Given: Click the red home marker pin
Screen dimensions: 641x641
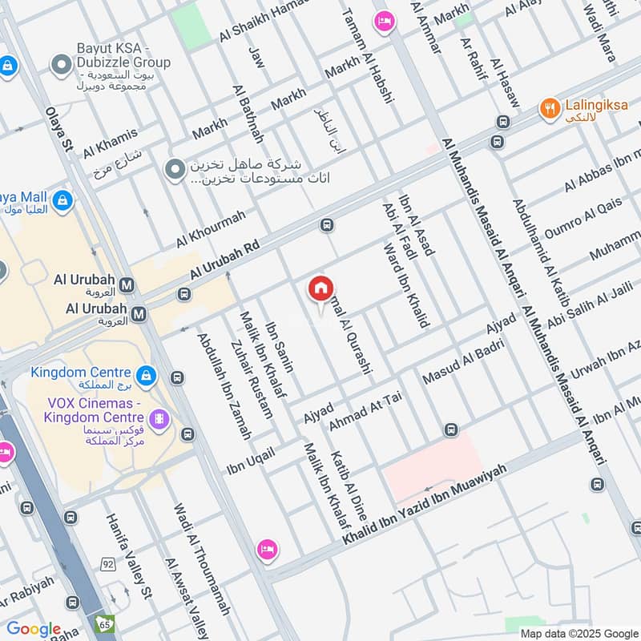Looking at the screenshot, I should click(320, 288).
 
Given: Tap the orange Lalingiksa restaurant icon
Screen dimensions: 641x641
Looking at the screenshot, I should click(550, 108).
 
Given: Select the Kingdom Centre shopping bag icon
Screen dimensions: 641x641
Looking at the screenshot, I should click(146, 374).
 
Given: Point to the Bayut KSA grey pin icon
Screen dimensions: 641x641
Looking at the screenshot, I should click(59, 63).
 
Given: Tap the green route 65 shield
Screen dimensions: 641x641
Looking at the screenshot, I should click(104, 623).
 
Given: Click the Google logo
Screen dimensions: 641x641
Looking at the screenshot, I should click(34, 629).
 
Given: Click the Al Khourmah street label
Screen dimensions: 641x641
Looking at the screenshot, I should click(211, 229).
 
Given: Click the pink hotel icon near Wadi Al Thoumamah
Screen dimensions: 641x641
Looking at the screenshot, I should click(268, 550).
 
